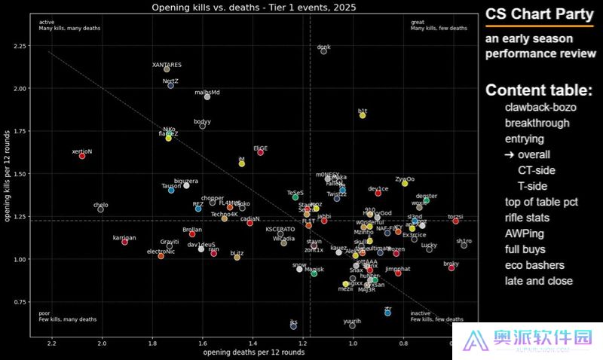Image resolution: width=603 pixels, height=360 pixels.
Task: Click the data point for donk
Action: pyautogui.click(x=323, y=51)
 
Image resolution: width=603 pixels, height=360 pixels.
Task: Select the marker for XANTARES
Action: pyautogui.click(x=167, y=69)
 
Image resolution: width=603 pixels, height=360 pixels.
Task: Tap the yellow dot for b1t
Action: pyautogui.click(x=363, y=115)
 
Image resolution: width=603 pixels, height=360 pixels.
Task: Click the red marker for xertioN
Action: pyautogui.click(x=82, y=156)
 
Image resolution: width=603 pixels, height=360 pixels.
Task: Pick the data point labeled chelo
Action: pyautogui.click(x=100, y=209)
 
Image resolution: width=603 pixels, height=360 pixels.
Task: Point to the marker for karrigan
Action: pyautogui.click(x=124, y=242)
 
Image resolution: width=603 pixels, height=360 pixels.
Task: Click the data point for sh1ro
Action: pyautogui.click(x=464, y=246)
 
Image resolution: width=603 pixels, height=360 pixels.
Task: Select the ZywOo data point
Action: pyautogui.click(x=405, y=183)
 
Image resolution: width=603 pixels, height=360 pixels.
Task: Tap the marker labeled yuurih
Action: pyautogui.click(x=352, y=326)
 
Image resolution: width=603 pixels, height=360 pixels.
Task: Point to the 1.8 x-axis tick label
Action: pyautogui.click(x=152, y=344)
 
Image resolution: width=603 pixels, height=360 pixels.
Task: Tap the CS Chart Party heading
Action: pyautogui.click(x=539, y=14)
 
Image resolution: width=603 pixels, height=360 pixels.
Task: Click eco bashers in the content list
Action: pyautogui.click(x=534, y=265)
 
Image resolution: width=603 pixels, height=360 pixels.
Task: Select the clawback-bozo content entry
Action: pyautogui.click(x=540, y=108)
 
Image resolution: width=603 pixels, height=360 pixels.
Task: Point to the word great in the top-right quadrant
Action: pyautogui.click(x=417, y=22)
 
